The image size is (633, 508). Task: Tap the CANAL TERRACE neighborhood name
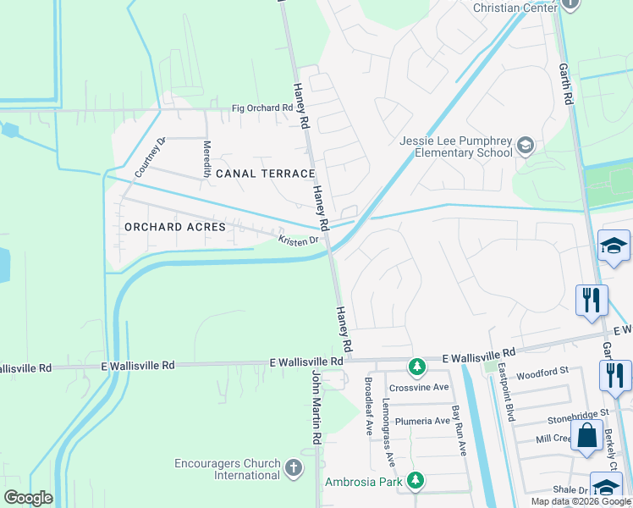click(x=265, y=174)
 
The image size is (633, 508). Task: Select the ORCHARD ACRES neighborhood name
click(x=175, y=227)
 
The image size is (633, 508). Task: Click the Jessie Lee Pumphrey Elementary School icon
click(x=526, y=146)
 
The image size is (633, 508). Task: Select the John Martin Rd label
click(x=317, y=406)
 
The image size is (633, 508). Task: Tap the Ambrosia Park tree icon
click(x=415, y=481)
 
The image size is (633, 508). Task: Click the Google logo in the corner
click(x=28, y=498)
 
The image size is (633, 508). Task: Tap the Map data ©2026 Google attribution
click(x=581, y=501)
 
